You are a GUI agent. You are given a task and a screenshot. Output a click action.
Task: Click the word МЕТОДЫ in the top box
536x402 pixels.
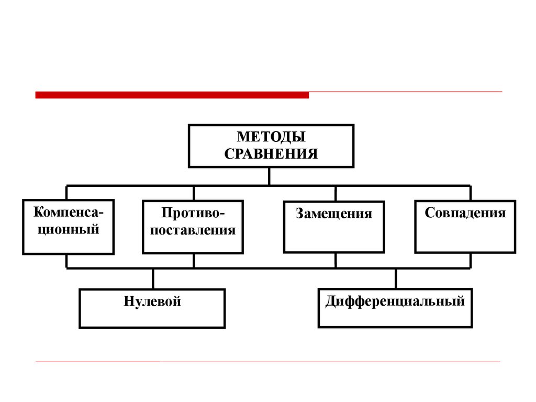[271, 137]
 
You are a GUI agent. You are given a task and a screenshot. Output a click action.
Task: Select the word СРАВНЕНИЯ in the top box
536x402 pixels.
[271, 154]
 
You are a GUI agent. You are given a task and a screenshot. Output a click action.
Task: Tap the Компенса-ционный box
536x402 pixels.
[68, 227]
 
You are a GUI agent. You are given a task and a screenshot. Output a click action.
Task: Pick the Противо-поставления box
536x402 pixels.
[193, 227]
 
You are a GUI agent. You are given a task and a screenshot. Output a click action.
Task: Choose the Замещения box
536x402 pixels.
[334, 227]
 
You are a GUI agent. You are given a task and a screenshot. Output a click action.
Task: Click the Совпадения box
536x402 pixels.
[465, 227]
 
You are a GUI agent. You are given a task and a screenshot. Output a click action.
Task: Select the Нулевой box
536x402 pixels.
[152, 308]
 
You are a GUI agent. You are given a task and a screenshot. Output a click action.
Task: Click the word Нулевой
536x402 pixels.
[152, 301]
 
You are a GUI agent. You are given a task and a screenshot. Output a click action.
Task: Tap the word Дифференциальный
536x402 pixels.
[395, 301]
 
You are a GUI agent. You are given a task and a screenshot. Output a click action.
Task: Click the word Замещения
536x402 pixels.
[334, 214]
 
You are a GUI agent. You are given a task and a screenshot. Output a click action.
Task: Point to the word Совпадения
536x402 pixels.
[465, 213]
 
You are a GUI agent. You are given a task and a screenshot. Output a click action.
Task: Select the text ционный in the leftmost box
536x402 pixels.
[68, 229]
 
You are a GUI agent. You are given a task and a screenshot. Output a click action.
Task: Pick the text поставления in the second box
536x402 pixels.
[193, 230]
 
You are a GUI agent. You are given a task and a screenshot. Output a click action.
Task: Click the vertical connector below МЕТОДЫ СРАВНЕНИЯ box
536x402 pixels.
[269, 176]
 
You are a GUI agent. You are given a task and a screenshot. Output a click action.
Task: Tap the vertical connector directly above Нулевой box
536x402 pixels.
[153, 278]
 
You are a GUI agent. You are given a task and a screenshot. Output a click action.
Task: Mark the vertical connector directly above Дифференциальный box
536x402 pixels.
[396, 278]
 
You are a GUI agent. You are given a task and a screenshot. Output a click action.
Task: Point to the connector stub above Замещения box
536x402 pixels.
[336, 193]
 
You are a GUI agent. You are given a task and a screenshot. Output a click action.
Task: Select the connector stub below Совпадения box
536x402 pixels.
[470, 261]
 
